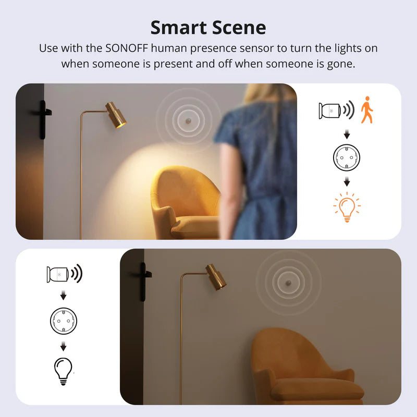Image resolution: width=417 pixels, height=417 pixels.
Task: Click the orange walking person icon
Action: (x=367, y=109)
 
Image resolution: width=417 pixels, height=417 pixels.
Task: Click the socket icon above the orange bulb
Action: (x=347, y=157)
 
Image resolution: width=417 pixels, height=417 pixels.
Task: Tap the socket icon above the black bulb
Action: (x=63, y=321)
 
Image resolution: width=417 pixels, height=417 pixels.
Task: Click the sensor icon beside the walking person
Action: (x=330, y=111)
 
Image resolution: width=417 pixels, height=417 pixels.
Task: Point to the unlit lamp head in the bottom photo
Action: (x=216, y=276)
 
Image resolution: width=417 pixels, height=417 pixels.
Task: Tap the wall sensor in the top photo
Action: (x=188, y=120)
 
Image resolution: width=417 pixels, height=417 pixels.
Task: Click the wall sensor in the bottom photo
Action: (x=287, y=282)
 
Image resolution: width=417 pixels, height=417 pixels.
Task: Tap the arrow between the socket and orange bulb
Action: (x=347, y=182)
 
